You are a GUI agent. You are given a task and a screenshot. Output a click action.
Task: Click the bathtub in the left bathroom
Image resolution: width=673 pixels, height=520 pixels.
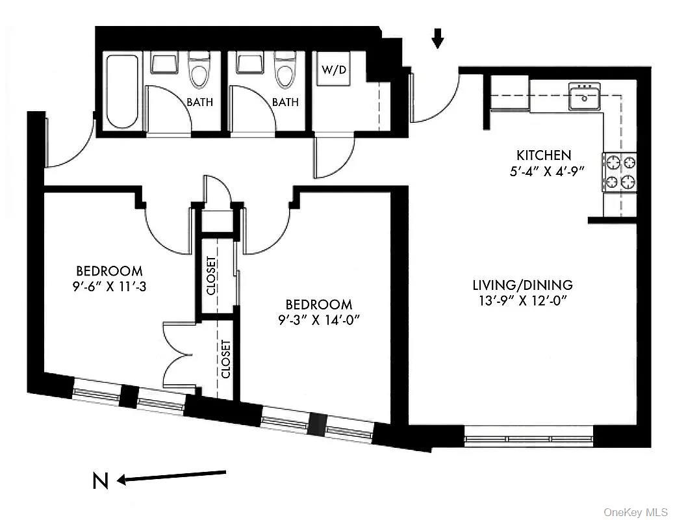click(121, 91)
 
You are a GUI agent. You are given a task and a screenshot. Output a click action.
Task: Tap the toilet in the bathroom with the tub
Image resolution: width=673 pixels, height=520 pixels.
click(199, 71)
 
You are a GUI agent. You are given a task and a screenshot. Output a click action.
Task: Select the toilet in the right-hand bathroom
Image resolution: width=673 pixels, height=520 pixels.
click(284, 71)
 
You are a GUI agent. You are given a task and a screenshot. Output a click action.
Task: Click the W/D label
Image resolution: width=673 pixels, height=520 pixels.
click(334, 70)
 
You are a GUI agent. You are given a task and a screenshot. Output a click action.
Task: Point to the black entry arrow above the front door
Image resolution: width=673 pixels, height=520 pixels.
click(438, 40)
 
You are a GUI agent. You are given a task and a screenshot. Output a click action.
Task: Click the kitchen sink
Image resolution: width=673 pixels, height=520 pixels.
click(584, 97)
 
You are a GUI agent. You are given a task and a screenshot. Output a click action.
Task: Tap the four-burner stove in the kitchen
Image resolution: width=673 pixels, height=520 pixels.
click(619, 172)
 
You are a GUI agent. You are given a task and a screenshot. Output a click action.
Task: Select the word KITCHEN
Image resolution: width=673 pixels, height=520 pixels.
click(544, 155)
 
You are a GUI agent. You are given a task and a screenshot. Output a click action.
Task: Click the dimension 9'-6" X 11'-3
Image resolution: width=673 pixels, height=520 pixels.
click(109, 287)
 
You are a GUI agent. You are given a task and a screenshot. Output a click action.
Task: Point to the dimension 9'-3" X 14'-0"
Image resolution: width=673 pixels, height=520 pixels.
click(319, 320)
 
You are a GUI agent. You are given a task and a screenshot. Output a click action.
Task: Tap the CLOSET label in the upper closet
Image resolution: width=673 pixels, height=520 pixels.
click(212, 276)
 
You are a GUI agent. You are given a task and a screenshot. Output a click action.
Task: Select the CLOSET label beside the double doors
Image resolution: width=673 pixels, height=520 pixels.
click(225, 359)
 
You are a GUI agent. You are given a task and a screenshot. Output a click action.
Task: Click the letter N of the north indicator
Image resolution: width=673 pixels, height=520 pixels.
click(100, 481)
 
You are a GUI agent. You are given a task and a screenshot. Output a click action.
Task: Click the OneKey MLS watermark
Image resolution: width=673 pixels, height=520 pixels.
click(636, 512)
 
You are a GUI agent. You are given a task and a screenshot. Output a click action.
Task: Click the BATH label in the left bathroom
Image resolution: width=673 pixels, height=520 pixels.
click(199, 102)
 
